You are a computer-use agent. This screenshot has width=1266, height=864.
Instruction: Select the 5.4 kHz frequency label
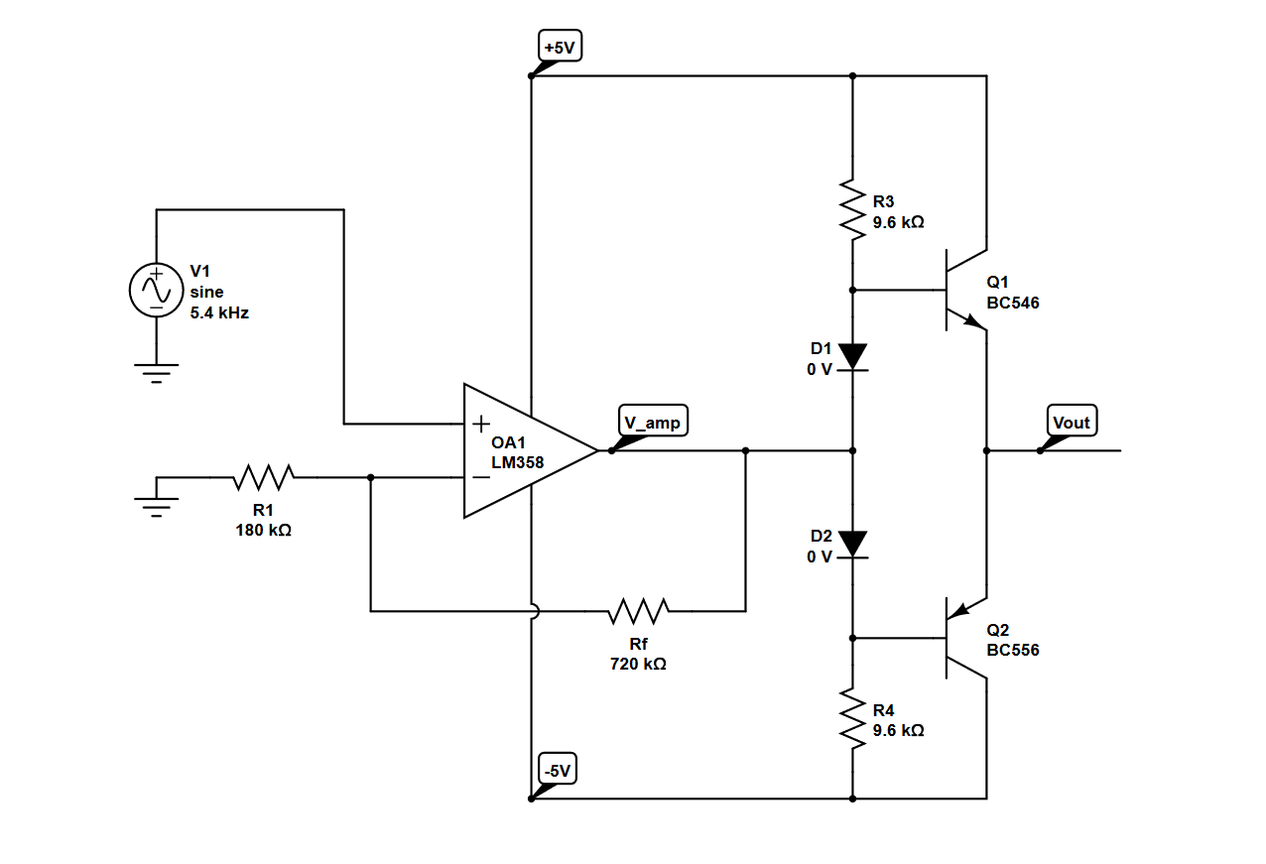tap(219, 312)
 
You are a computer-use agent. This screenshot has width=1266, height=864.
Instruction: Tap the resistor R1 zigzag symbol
tap(263, 477)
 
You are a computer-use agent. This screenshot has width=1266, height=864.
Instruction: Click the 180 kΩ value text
tap(263, 531)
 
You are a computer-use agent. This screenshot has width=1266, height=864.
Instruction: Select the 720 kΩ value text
tap(638, 665)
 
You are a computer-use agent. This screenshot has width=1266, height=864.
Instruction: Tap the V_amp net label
tap(652, 423)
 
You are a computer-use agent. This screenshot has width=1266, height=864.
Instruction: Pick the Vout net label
tap(1071, 423)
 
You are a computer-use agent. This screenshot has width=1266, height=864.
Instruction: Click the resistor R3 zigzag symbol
tap(852, 209)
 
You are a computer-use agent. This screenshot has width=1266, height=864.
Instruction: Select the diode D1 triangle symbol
tap(852, 356)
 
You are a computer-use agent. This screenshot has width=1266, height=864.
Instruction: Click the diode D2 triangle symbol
tap(852, 544)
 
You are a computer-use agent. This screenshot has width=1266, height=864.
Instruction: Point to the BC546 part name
tap(1013, 304)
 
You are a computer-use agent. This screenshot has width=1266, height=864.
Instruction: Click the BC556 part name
tap(1013, 651)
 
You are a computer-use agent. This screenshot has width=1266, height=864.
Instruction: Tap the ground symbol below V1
tap(157, 372)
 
